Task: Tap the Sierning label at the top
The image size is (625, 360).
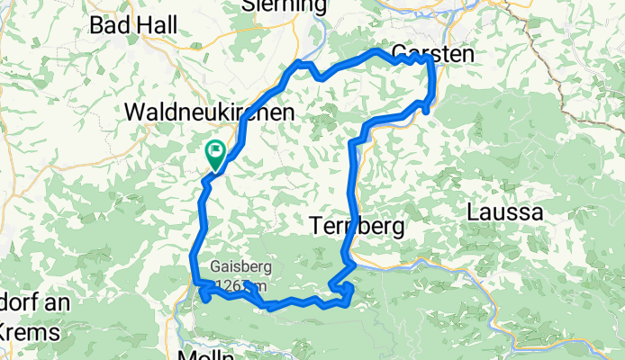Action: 285,5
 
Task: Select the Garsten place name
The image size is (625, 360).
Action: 432,53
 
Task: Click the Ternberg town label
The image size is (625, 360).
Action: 356,226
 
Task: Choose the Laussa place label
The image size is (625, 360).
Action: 504,213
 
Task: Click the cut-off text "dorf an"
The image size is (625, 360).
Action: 34,303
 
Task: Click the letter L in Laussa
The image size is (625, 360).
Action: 474,213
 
